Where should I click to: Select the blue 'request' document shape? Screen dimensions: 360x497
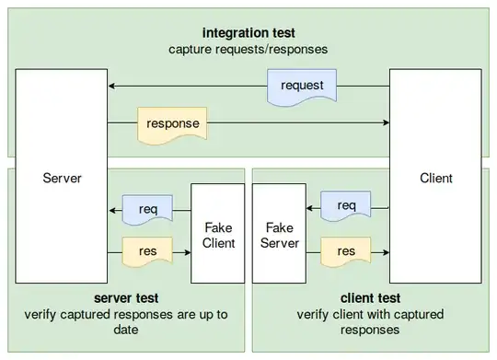(304, 87)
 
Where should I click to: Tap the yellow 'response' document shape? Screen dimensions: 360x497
(172, 122)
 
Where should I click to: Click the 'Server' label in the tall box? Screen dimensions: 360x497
(62, 177)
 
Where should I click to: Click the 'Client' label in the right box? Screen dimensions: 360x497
(434, 177)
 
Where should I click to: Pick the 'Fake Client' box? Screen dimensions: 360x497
(217, 233)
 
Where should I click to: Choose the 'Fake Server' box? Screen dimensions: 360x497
(279, 233)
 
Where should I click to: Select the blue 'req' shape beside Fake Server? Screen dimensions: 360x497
(346, 204)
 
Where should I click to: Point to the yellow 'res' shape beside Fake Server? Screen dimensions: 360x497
(346, 250)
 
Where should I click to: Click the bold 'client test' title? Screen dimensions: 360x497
(370, 298)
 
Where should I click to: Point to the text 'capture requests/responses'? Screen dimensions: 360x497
(248, 48)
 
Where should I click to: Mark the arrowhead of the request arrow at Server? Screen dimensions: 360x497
(111, 87)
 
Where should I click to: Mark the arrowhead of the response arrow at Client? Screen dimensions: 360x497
(385, 122)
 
